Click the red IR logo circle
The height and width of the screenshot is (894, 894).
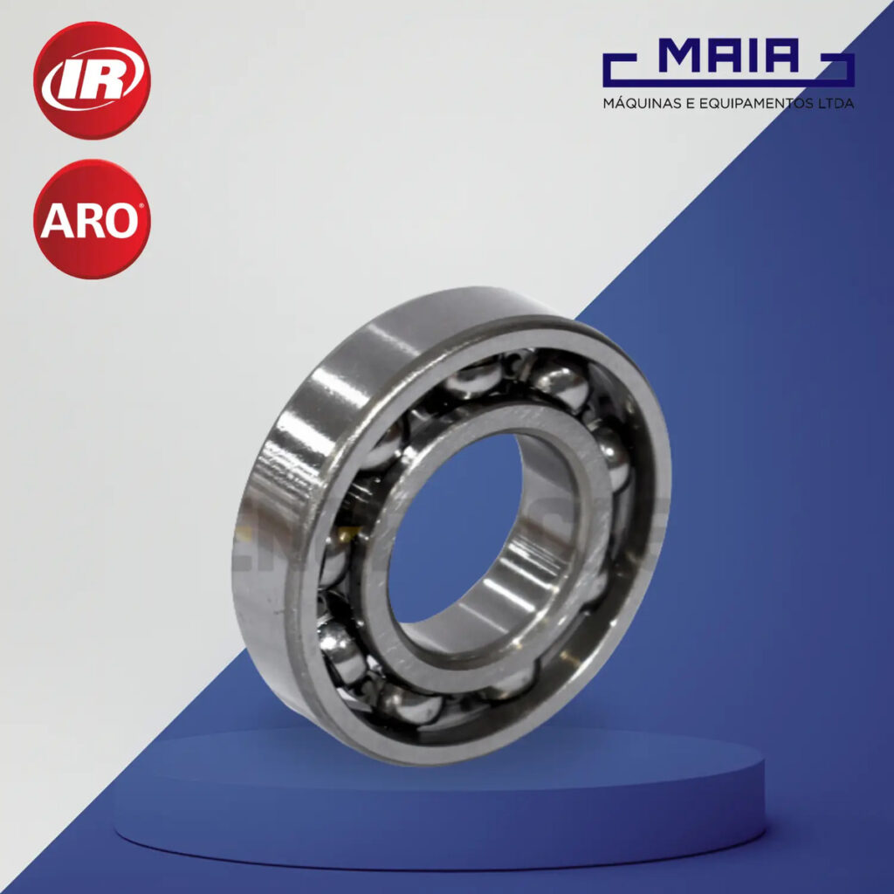coord(92,80)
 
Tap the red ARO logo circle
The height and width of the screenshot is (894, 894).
coord(92,219)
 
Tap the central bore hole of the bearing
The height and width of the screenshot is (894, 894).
coord(456,527)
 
